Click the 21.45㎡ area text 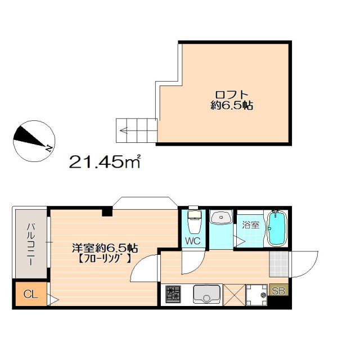click(105, 163)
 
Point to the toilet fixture click(194, 223)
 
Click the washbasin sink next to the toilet click(222, 218)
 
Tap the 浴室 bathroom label click(250, 225)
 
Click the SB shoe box click(278, 291)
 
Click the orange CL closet click(29, 294)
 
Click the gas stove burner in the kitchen click(173, 294)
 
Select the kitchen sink click(206, 294)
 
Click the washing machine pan click(256, 294)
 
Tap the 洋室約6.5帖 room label click(105, 247)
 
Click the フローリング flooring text click(105, 259)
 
